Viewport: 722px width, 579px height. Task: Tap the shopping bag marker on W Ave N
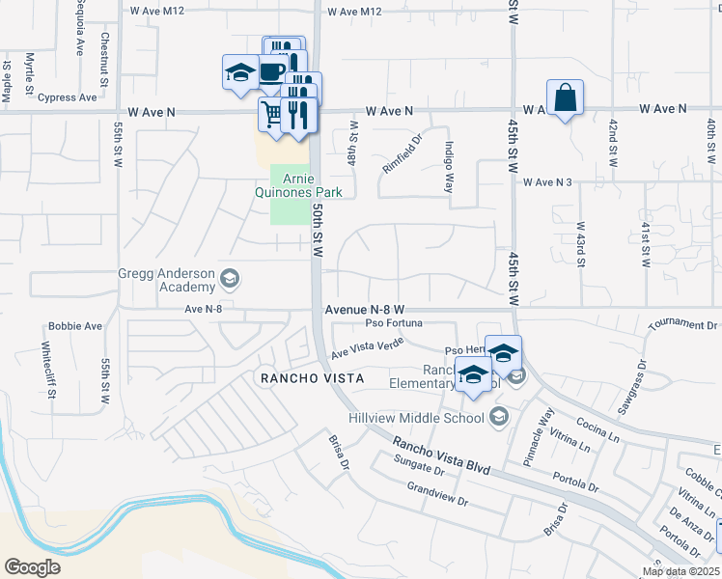pyautogui.click(x=565, y=98)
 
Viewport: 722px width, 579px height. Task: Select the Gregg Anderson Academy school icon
pyautogui.click(x=230, y=280)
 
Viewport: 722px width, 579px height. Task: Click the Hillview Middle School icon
pyautogui.click(x=498, y=417)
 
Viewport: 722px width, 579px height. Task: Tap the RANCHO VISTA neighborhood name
pyautogui.click(x=313, y=378)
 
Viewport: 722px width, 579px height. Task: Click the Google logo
pyautogui.click(x=33, y=566)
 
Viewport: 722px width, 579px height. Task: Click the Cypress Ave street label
pyautogui.click(x=68, y=97)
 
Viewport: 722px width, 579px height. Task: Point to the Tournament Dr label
pyautogui.click(x=683, y=325)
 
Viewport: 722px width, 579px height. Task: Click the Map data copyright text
pyautogui.click(x=680, y=571)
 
